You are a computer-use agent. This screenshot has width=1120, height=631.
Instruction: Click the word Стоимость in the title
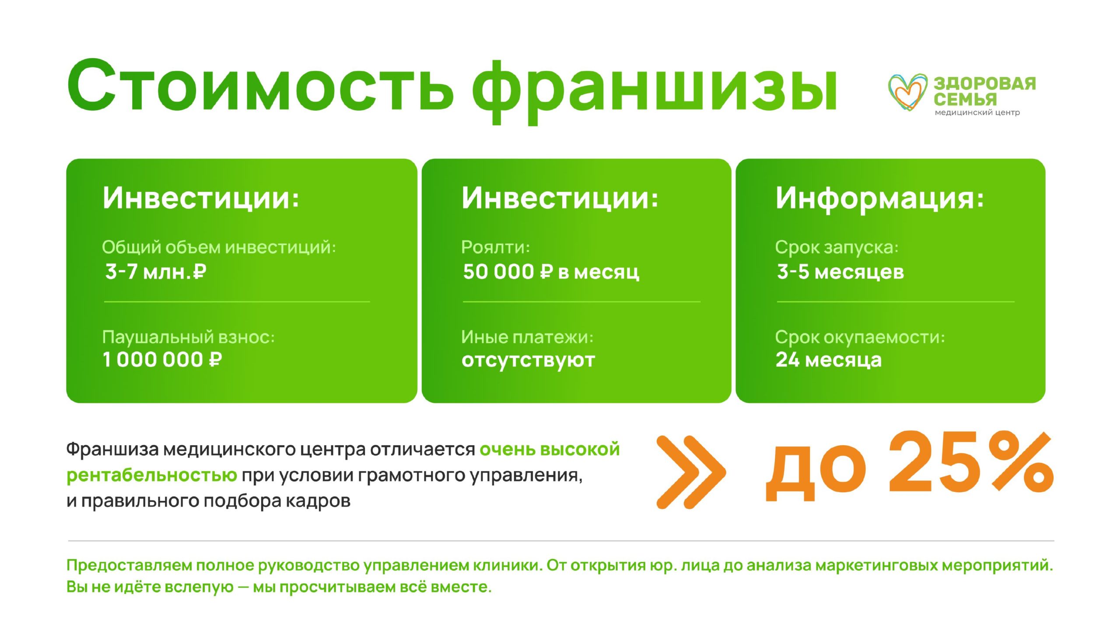coord(260,85)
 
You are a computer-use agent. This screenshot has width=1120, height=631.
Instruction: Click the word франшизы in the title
coord(654,92)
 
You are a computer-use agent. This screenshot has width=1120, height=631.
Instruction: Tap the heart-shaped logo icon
coord(908,92)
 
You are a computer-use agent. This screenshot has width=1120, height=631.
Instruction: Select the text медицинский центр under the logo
coord(977,113)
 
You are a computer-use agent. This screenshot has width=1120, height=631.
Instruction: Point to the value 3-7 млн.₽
coord(156,271)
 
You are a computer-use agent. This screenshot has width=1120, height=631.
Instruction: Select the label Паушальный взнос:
coord(189,337)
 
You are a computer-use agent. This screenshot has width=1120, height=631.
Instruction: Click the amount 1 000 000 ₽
coord(162,360)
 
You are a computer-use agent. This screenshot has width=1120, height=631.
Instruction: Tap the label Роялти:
coord(496,247)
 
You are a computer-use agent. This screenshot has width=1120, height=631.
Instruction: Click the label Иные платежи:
coord(528,337)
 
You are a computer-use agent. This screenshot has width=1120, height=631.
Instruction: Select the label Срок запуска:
coord(837,248)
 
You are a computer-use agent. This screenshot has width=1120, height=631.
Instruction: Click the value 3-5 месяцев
coord(840,272)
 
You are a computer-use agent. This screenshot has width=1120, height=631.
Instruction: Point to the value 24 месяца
coord(829,360)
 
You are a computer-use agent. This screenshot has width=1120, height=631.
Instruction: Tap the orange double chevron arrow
coord(691,472)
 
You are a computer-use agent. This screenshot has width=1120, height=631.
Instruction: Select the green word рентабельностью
coord(152,476)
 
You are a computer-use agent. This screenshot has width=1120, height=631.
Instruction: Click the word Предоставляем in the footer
coord(129,566)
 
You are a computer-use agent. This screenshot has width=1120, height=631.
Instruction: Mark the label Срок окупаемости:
coord(860,338)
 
